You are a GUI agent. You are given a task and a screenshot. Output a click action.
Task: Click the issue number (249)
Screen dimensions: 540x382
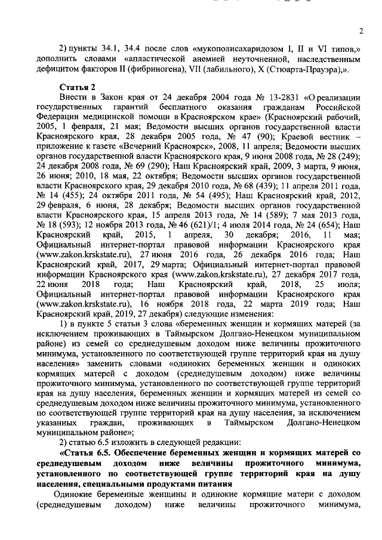(x=344, y=154)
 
